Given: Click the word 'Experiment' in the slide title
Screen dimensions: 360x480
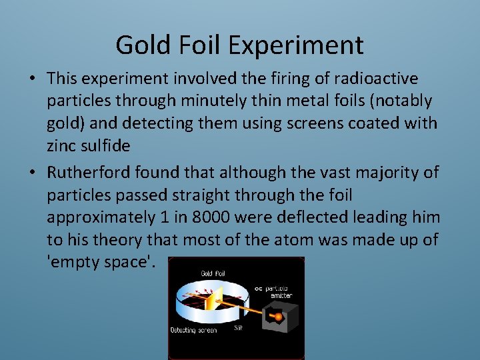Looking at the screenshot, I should (x=295, y=45).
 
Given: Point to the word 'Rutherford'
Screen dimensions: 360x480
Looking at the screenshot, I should (x=89, y=173).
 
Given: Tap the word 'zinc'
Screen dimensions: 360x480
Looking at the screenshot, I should (x=62, y=145).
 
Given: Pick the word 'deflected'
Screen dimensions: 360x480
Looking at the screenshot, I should (x=328, y=217).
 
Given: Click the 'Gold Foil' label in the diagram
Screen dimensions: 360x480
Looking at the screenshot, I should (x=216, y=273).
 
